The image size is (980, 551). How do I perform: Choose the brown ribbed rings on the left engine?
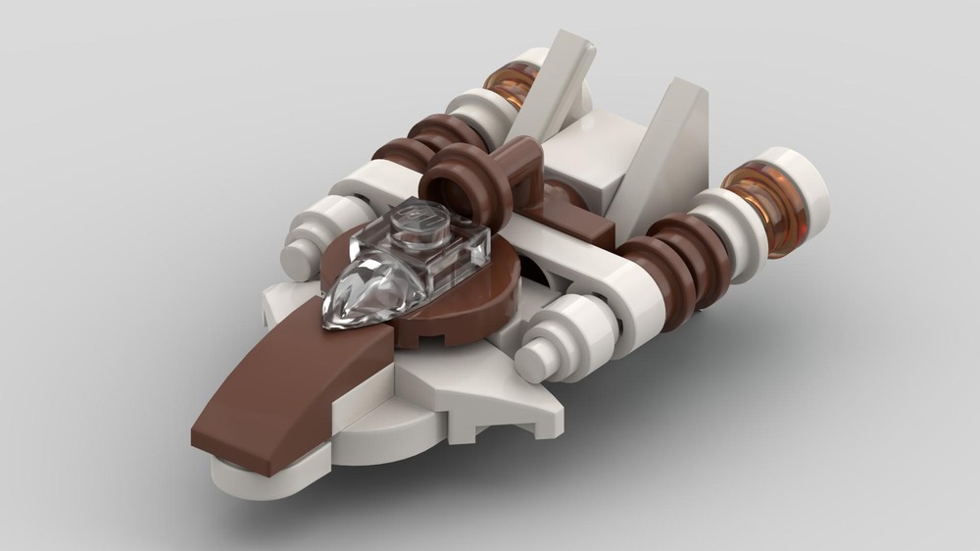[x=421, y=147]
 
